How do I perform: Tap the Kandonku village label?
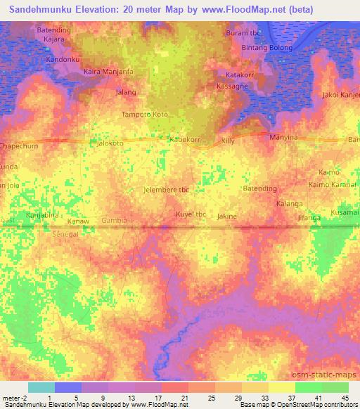(65, 59)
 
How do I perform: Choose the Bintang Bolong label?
(267, 47)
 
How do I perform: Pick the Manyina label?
(285, 137)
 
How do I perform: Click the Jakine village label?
(227, 216)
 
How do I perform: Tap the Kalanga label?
(289, 204)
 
